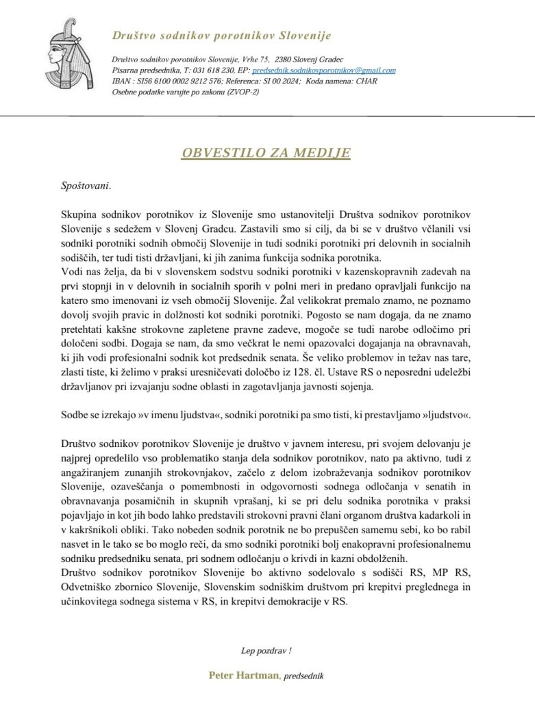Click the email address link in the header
(x=324, y=71)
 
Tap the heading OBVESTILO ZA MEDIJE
(x=266, y=152)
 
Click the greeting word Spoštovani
(x=85, y=184)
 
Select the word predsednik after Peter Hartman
(x=303, y=676)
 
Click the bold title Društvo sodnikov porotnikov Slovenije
(x=222, y=35)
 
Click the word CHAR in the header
(x=377, y=81)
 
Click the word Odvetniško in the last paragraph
(x=88, y=588)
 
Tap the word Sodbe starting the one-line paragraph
(x=75, y=415)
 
